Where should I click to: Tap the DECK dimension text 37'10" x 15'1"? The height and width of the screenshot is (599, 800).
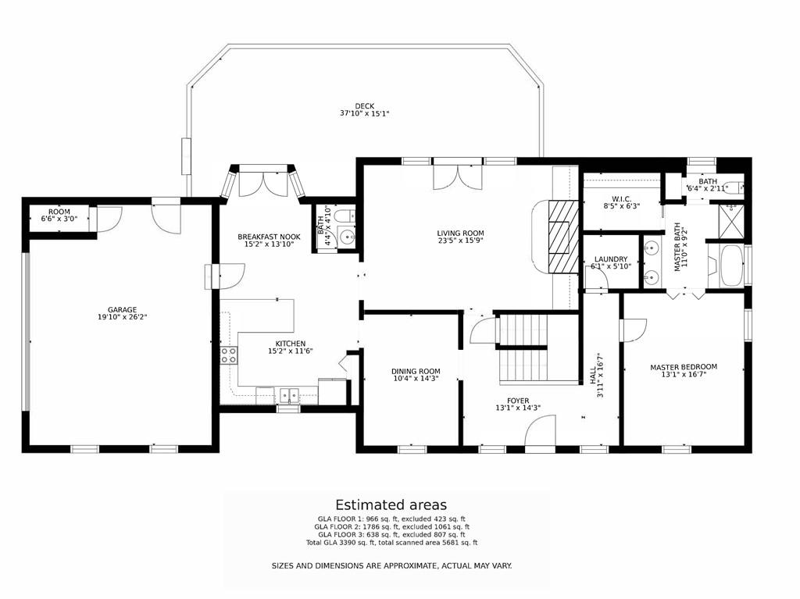(x=364, y=114)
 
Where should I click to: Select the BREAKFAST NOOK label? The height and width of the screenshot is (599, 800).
(x=269, y=236)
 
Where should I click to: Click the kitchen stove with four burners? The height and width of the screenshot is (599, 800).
(x=229, y=355)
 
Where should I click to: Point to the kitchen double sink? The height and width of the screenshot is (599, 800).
(x=289, y=395)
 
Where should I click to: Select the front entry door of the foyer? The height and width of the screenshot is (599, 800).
(x=540, y=433)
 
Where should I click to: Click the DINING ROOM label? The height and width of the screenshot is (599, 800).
(x=416, y=372)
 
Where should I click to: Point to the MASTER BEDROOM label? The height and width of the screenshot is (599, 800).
(x=683, y=367)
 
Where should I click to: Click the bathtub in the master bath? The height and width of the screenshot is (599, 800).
(x=732, y=266)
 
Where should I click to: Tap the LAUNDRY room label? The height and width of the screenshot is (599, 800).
(x=610, y=259)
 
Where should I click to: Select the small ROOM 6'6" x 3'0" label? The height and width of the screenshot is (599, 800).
(x=59, y=212)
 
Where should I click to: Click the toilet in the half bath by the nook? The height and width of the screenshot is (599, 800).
(x=341, y=215)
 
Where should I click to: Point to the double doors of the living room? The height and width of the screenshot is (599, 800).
(x=458, y=176)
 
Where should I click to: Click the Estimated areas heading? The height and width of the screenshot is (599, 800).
(x=391, y=505)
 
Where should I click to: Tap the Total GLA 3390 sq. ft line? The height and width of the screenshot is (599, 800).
(x=391, y=543)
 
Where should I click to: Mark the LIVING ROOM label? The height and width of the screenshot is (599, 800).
(x=460, y=233)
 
